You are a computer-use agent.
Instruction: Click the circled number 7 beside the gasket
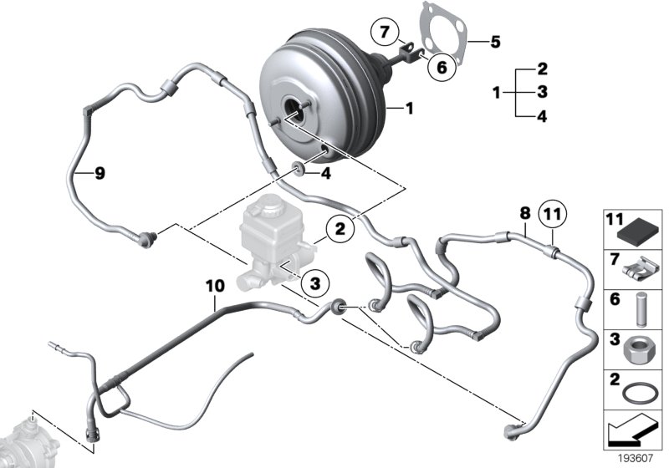385,33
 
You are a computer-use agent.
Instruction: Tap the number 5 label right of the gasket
495,40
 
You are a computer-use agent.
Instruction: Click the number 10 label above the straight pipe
215,286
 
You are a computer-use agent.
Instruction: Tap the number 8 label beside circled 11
524,214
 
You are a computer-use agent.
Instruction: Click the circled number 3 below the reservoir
314,284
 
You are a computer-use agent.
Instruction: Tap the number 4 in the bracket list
542,117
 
